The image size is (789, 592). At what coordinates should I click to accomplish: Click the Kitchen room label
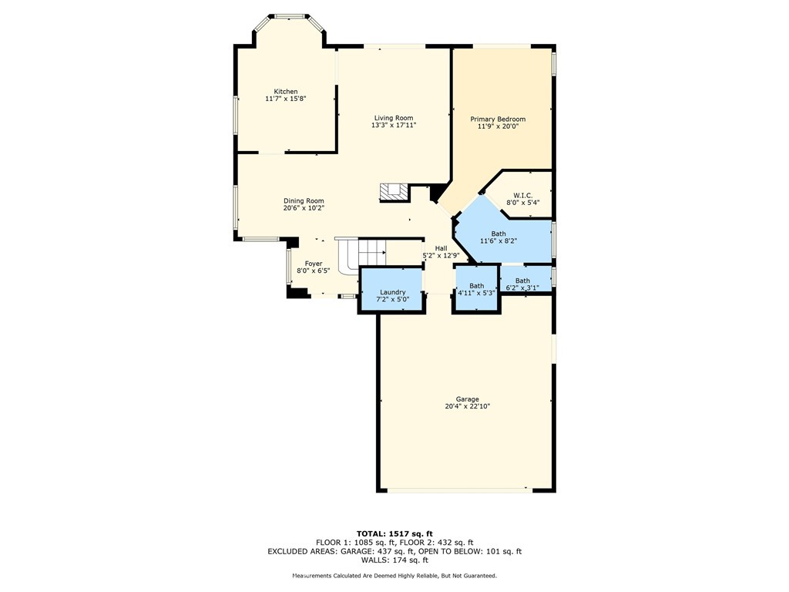click(286, 92)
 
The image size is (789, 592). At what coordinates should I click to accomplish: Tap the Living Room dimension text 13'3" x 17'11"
click(394, 125)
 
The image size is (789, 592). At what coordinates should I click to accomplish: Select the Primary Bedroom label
click(498, 119)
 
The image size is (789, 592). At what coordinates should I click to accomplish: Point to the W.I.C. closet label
click(522, 196)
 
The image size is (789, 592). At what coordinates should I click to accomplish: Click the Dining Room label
click(304, 200)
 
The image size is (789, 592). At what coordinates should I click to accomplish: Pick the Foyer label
click(313, 264)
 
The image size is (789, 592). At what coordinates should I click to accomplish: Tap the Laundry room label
click(392, 292)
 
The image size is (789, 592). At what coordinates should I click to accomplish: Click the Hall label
click(441, 248)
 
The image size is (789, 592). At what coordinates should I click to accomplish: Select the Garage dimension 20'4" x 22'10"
click(467, 406)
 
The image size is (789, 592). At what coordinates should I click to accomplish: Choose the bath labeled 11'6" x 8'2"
click(499, 240)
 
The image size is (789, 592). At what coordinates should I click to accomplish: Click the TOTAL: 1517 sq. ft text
click(394, 533)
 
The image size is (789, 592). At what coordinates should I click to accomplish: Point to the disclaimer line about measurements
click(394, 576)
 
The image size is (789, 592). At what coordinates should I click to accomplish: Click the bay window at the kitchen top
click(290, 16)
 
